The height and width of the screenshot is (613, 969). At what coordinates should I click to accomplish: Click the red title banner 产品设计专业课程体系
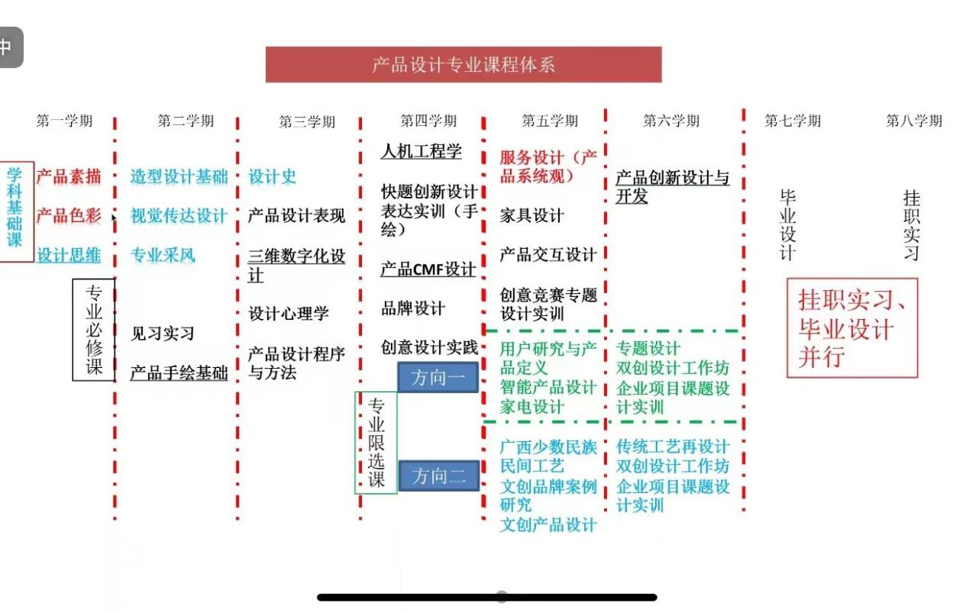tap(464, 64)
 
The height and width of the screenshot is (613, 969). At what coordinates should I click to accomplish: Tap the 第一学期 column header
tap(64, 121)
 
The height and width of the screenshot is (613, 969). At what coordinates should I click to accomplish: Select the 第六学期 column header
tap(671, 121)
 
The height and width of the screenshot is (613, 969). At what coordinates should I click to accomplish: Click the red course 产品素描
tap(69, 176)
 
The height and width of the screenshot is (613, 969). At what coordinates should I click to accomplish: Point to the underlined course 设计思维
tap(69, 255)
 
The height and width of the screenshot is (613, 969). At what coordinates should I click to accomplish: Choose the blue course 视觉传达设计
tap(179, 215)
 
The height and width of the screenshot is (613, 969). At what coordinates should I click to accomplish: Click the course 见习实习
tap(162, 334)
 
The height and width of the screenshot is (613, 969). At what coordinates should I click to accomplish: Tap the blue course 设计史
tap(272, 176)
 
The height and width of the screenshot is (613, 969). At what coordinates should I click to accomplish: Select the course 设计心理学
tap(288, 313)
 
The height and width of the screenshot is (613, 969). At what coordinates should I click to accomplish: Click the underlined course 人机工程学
tap(421, 151)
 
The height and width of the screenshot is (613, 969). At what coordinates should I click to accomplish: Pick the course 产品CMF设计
tap(428, 269)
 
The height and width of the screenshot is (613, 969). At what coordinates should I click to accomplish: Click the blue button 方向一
tap(438, 377)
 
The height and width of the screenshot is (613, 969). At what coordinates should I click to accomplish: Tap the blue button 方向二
tap(438, 476)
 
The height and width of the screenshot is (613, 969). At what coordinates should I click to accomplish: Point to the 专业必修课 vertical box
tap(94, 330)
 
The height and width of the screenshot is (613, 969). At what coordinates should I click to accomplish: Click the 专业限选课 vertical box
tap(376, 443)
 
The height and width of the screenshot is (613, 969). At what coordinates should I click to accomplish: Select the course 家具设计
tap(531, 215)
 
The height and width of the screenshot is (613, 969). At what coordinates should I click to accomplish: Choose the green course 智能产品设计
tap(548, 387)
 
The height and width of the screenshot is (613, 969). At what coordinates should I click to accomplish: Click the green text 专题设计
tap(648, 348)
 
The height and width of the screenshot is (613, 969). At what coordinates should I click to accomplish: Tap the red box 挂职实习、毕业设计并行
tap(851, 328)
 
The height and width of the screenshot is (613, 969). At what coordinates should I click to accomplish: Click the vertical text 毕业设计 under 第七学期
tap(788, 225)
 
